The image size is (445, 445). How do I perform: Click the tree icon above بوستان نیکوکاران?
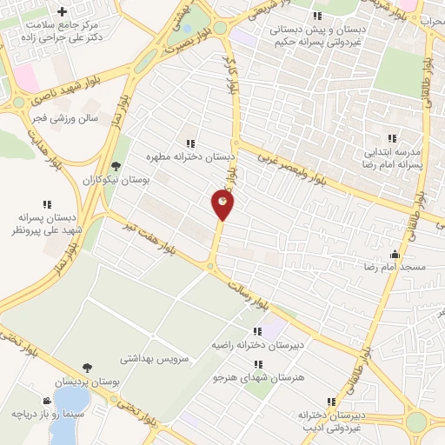(116, 165)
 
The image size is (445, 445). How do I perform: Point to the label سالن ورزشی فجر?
(70, 116)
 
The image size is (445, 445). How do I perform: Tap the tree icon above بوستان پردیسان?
(87, 369)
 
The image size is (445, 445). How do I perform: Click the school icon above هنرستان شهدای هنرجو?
(257, 364)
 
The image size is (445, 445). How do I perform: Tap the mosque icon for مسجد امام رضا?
(396, 255)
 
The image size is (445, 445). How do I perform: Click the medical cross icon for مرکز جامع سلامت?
(62, 12)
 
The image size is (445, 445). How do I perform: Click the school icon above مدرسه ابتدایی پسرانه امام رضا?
(391, 137)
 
